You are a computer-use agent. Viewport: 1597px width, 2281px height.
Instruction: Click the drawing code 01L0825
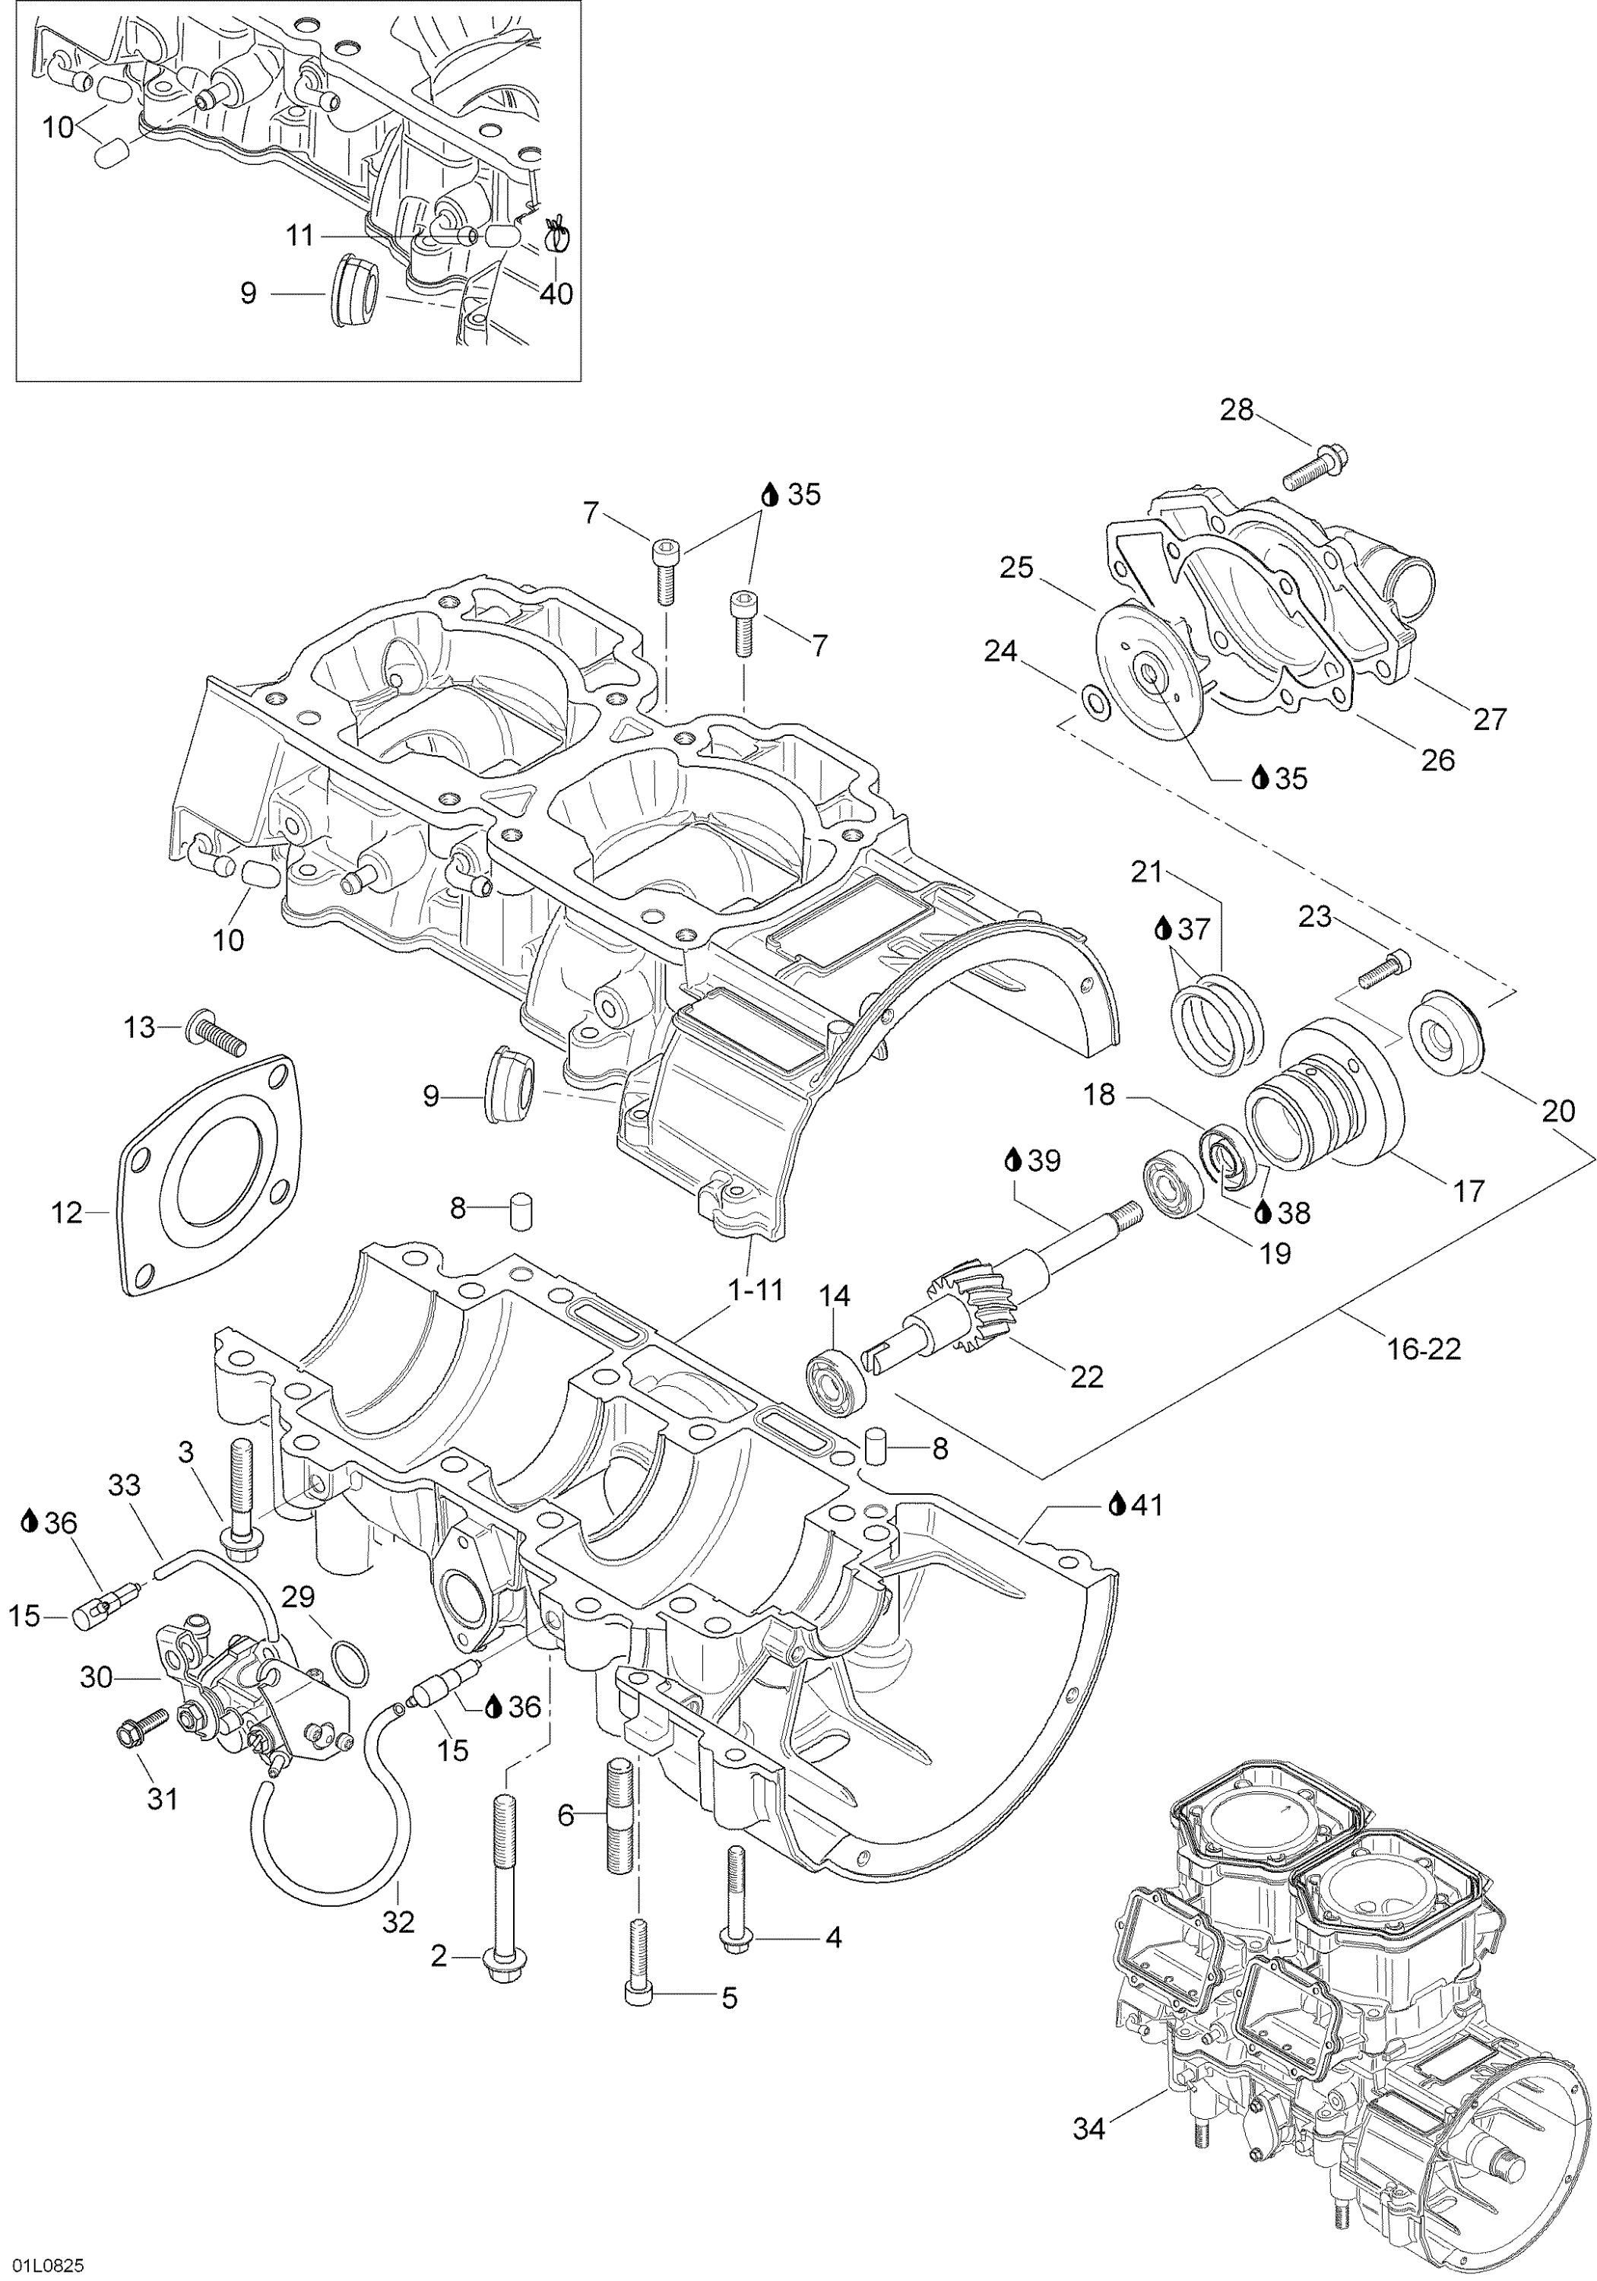click(x=49, y=2264)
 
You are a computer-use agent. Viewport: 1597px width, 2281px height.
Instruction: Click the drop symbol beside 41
click(x=1117, y=1533)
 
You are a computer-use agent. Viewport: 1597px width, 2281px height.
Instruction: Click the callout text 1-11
click(x=755, y=1290)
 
